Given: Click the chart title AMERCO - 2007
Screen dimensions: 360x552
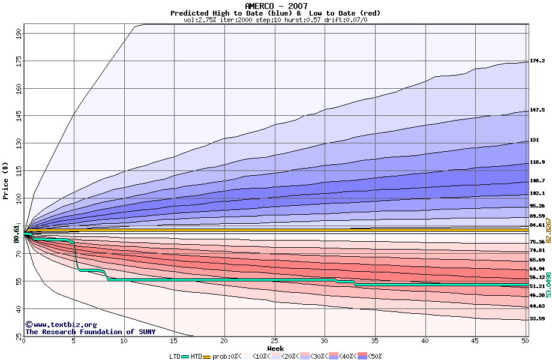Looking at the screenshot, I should pos(275,6).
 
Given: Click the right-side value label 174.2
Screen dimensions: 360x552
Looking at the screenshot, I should pos(537,61).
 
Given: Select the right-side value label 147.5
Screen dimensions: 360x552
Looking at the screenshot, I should pos(537,110).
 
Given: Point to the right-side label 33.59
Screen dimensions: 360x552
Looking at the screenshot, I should pos(537,319).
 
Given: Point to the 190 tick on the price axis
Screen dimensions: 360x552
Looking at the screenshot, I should pos(19,34).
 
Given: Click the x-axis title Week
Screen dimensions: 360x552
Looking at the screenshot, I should pos(275,348).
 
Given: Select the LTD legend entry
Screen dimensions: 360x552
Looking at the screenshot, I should pos(176,356).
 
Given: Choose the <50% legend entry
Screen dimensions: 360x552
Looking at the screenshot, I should pos(371,356).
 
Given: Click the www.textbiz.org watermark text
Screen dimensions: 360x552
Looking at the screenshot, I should pos(56,325).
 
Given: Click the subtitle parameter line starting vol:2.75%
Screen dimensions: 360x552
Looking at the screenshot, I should pos(275,20).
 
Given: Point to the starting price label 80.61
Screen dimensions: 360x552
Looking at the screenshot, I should pos(17,233).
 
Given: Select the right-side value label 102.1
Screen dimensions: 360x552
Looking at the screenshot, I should pos(537,193).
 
